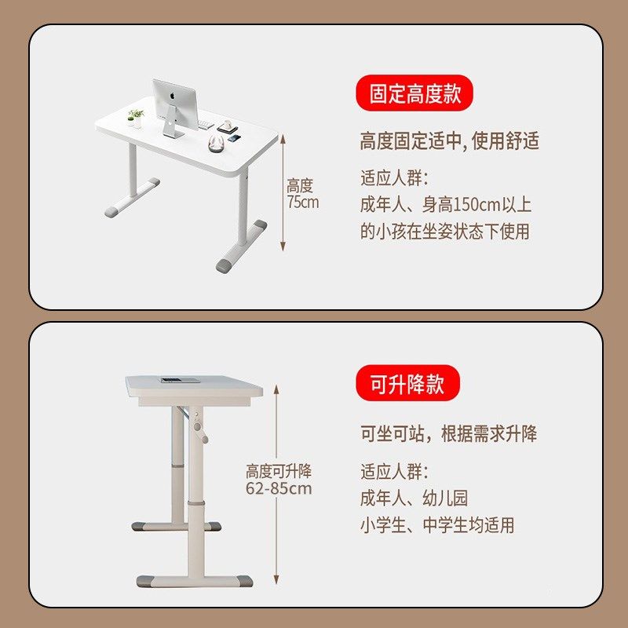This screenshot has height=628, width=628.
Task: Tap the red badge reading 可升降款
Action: [407, 385]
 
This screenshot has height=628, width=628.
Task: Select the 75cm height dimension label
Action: [301, 194]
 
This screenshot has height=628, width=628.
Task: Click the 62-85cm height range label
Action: [279, 480]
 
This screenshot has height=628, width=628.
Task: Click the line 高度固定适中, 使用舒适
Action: [449, 141]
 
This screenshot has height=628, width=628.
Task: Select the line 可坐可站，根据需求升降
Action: [448, 434]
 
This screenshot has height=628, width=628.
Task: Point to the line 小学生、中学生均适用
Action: [437, 525]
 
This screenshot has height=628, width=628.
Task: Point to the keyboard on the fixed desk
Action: [206, 126]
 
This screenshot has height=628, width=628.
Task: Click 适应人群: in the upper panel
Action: [394, 178]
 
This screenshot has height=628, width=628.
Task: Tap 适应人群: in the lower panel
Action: [394, 472]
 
